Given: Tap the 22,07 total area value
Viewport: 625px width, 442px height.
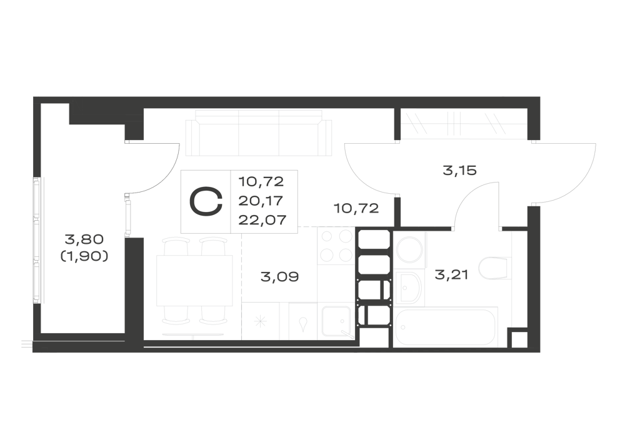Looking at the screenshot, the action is click(262, 219).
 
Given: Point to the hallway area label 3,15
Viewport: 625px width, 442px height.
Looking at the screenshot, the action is click(459, 171).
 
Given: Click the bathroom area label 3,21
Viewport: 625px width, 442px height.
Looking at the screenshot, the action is click(451, 274).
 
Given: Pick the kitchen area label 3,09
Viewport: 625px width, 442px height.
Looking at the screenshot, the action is click(279, 276).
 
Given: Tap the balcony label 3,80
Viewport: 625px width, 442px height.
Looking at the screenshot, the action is click(84, 239).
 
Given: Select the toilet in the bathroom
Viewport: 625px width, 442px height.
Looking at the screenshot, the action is click(494, 268).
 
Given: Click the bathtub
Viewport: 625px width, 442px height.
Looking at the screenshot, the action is click(446, 327).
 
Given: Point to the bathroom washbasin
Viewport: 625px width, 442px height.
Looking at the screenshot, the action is click(409, 288).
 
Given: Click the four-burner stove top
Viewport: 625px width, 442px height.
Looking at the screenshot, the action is click(336, 246).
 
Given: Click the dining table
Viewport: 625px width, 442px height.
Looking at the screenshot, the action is click(194, 281).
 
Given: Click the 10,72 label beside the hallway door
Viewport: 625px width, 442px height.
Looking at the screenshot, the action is click(356, 208).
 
